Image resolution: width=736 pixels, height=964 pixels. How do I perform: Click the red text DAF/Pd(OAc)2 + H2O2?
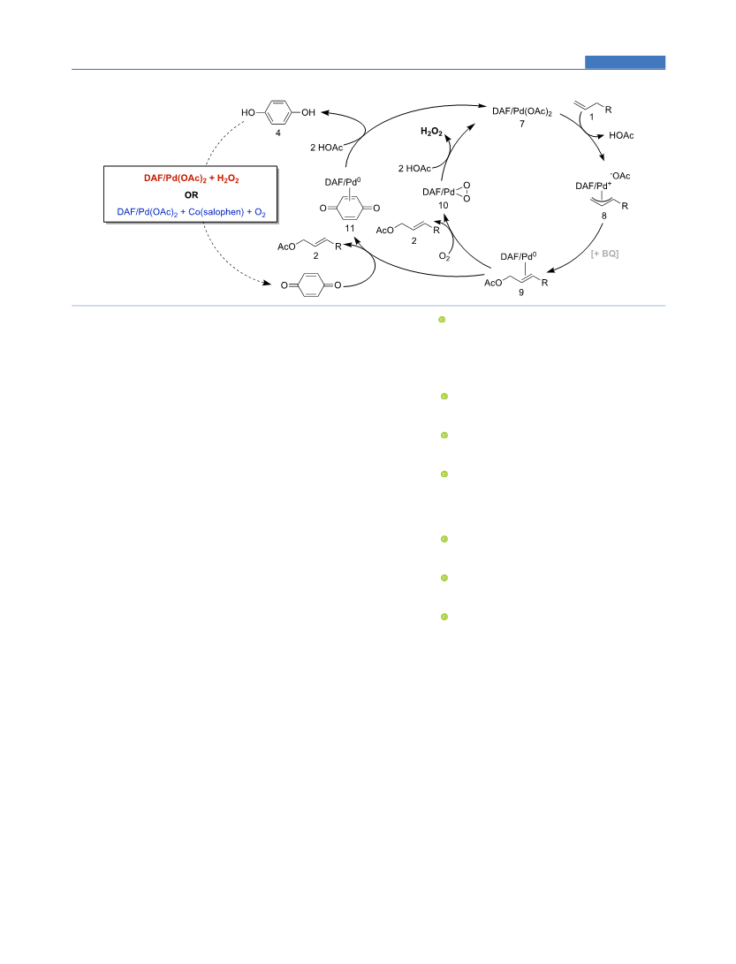[x=191, y=178]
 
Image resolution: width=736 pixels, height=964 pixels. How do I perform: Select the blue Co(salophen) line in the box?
[x=191, y=212]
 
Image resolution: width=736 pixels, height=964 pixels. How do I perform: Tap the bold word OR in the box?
[x=191, y=195]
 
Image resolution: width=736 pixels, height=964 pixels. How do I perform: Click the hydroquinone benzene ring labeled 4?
[x=278, y=112]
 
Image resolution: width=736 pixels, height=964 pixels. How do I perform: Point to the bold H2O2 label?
[x=432, y=132]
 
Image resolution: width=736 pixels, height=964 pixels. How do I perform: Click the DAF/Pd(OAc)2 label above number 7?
[x=522, y=112]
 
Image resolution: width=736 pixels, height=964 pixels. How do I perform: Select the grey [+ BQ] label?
[x=604, y=254]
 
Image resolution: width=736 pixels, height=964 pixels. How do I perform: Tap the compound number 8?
[x=603, y=216]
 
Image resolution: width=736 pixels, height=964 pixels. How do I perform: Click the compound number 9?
[x=521, y=292]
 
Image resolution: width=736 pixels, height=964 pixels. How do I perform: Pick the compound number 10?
[x=444, y=205]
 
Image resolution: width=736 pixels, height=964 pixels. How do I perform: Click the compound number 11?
[x=350, y=228]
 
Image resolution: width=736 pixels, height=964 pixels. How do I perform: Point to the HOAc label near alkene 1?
[x=621, y=135]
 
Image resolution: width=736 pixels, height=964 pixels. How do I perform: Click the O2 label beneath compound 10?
[x=444, y=257]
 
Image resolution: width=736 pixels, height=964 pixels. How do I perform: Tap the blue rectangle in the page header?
[x=625, y=62]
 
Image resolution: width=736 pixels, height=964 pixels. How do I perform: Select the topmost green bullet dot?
[x=442, y=320]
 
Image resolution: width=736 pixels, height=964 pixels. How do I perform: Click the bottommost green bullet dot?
[x=444, y=617]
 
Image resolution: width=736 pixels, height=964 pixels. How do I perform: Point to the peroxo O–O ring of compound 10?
[x=465, y=192]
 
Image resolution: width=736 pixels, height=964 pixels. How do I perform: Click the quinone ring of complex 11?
[x=350, y=209]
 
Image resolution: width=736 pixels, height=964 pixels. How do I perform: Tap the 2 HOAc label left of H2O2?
[x=414, y=169]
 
